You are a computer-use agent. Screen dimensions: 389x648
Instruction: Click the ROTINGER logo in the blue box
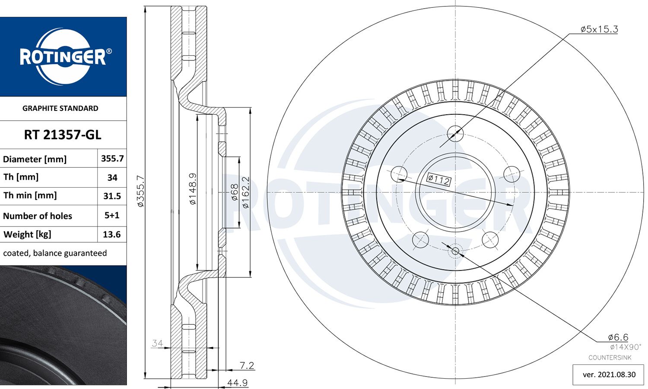coord(63,56)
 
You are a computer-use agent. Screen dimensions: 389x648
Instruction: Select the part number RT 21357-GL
coord(63,135)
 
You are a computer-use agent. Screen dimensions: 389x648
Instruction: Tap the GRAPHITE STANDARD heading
coord(60,108)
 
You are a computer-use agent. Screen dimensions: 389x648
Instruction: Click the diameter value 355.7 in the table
coord(112,159)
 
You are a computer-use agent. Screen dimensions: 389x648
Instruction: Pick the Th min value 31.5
coord(112,196)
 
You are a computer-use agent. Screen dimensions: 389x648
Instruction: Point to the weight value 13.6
coord(111,235)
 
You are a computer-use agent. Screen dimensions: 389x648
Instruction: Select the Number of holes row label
coord(38,216)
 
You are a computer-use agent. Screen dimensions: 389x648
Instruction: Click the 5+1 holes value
coord(112,215)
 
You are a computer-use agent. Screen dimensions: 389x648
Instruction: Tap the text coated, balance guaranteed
coord(55,253)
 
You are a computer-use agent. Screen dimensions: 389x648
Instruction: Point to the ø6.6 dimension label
coord(618,337)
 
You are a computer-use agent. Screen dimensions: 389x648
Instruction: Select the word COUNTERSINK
coord(610,358)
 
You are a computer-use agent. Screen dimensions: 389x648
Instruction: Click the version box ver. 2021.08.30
coord(609,374)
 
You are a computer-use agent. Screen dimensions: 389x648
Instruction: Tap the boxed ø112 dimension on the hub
coord(438,179)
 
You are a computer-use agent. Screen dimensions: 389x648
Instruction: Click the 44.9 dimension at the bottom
coord(237,383)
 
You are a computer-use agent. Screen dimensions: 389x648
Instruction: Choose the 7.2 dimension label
coord(247,365)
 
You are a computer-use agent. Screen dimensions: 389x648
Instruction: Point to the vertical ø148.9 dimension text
coord(193,188)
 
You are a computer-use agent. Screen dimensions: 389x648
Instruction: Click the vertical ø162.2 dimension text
coord(245,192)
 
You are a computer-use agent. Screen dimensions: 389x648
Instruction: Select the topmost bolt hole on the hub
coord(455,133)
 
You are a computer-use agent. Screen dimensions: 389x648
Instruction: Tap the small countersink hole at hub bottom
coord(455,251)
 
